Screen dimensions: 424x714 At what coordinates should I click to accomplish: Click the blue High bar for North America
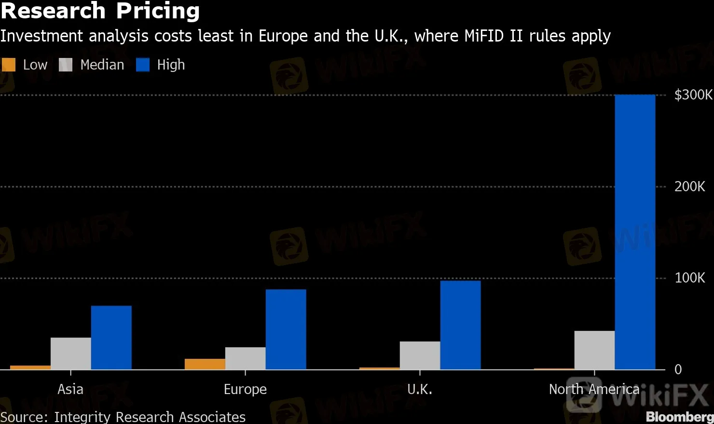635,232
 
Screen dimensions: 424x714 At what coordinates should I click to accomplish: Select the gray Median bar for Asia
70,353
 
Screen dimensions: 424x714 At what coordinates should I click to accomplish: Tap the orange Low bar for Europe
205,364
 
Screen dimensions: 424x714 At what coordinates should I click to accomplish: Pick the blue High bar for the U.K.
460,325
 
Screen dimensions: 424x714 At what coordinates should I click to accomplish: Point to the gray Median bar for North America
594,350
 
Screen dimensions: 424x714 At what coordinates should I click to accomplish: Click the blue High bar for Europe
286,329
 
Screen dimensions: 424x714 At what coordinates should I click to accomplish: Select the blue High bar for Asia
111,338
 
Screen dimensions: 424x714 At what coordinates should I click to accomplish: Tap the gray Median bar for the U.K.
420,355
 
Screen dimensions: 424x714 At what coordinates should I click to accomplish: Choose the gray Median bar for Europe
245,358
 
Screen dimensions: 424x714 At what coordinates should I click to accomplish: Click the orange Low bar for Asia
30,367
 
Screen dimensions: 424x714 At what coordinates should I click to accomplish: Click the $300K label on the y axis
693,95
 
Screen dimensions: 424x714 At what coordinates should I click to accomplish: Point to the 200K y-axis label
689,186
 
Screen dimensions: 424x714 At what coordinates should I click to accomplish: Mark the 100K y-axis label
689,278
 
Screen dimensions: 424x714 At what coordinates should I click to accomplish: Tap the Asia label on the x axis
70,389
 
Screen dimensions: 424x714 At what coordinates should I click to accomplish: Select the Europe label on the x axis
245,389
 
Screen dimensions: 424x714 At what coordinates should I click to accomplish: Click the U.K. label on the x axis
420,389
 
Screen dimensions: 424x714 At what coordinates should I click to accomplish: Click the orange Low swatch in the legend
9,65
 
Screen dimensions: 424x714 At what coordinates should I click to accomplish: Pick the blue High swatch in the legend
143,65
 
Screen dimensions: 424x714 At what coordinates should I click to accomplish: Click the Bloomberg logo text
679,416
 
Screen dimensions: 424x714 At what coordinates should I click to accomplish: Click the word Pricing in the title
158,11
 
